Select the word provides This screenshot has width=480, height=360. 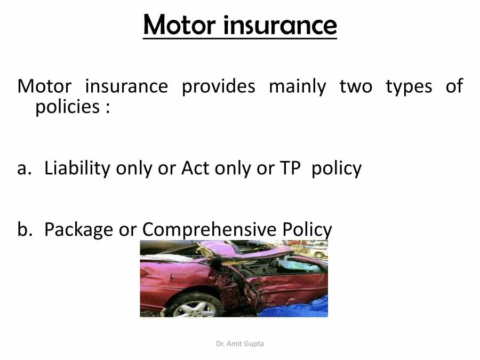219,86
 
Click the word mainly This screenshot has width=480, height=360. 297,86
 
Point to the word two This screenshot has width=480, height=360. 356,86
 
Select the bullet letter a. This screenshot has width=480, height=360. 22,169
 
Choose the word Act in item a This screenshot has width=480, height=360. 195,168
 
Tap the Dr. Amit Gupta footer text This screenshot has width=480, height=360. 240,344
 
